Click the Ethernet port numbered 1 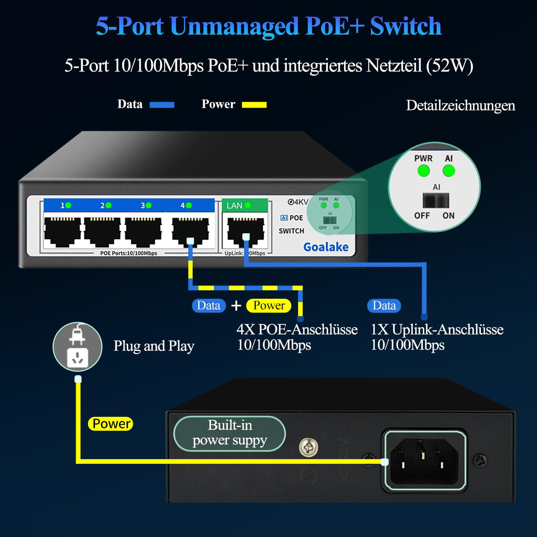[x=63, y=231]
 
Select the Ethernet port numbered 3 [x=143, y=231]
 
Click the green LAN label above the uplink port [x=238, y=206]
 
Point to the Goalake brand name [x=326, y=247]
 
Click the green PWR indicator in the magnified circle [x=423, y=171]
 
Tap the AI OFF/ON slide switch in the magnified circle [x=436, y=201]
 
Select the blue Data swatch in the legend [x=162, y=105]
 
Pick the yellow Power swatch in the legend [x=254, y=105]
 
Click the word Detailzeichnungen [x=460, y=105]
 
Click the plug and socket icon [x=77, y=347]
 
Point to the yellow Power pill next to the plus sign [x=269, y=306]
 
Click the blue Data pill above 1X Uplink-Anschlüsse [x=384, y=306]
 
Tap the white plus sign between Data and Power [x=236, y=306]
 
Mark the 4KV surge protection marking [x=298, y=202]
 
